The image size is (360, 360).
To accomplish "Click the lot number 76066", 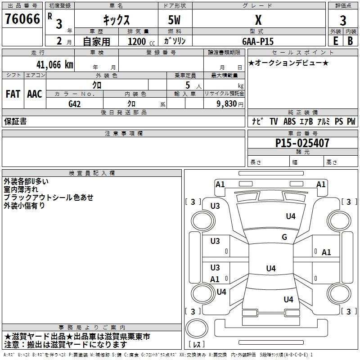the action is [22, 18].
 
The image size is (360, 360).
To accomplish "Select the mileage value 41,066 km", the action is [55, 64].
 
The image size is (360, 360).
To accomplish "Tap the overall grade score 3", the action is [343, 20].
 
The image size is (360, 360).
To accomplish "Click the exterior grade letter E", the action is [336, 41].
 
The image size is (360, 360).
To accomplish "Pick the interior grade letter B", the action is [351, 41].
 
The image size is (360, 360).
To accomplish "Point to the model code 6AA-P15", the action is [258, 41].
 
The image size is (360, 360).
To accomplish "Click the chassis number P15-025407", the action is [302, 143].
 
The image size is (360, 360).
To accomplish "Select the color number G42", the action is [75, 104].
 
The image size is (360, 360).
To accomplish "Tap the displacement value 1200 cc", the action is [141, 41].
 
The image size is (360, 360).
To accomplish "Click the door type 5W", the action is [174, 20].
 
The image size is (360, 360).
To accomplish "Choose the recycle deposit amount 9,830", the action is [227, 104].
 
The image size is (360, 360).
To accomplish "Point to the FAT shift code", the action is [13, 94].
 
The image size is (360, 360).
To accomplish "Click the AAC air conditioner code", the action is [35, 94].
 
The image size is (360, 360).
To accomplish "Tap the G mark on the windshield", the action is [284, 237].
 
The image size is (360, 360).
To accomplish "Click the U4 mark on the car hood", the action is [291, 216].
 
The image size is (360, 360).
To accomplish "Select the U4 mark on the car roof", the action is [271, 268].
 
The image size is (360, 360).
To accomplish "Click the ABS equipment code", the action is [289, 121].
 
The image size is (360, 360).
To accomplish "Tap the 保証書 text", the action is [15, 121].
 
